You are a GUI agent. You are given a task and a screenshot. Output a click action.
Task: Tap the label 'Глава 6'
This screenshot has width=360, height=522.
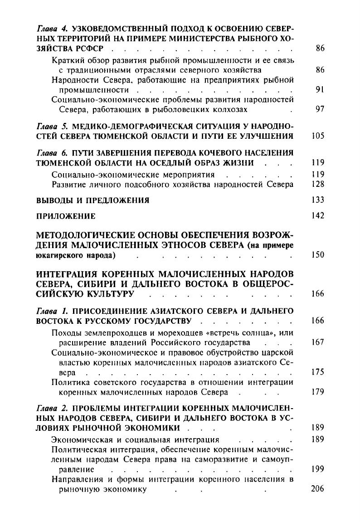[48, 153]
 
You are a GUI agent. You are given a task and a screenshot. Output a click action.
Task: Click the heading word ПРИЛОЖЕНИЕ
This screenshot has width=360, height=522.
[66, 216]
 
